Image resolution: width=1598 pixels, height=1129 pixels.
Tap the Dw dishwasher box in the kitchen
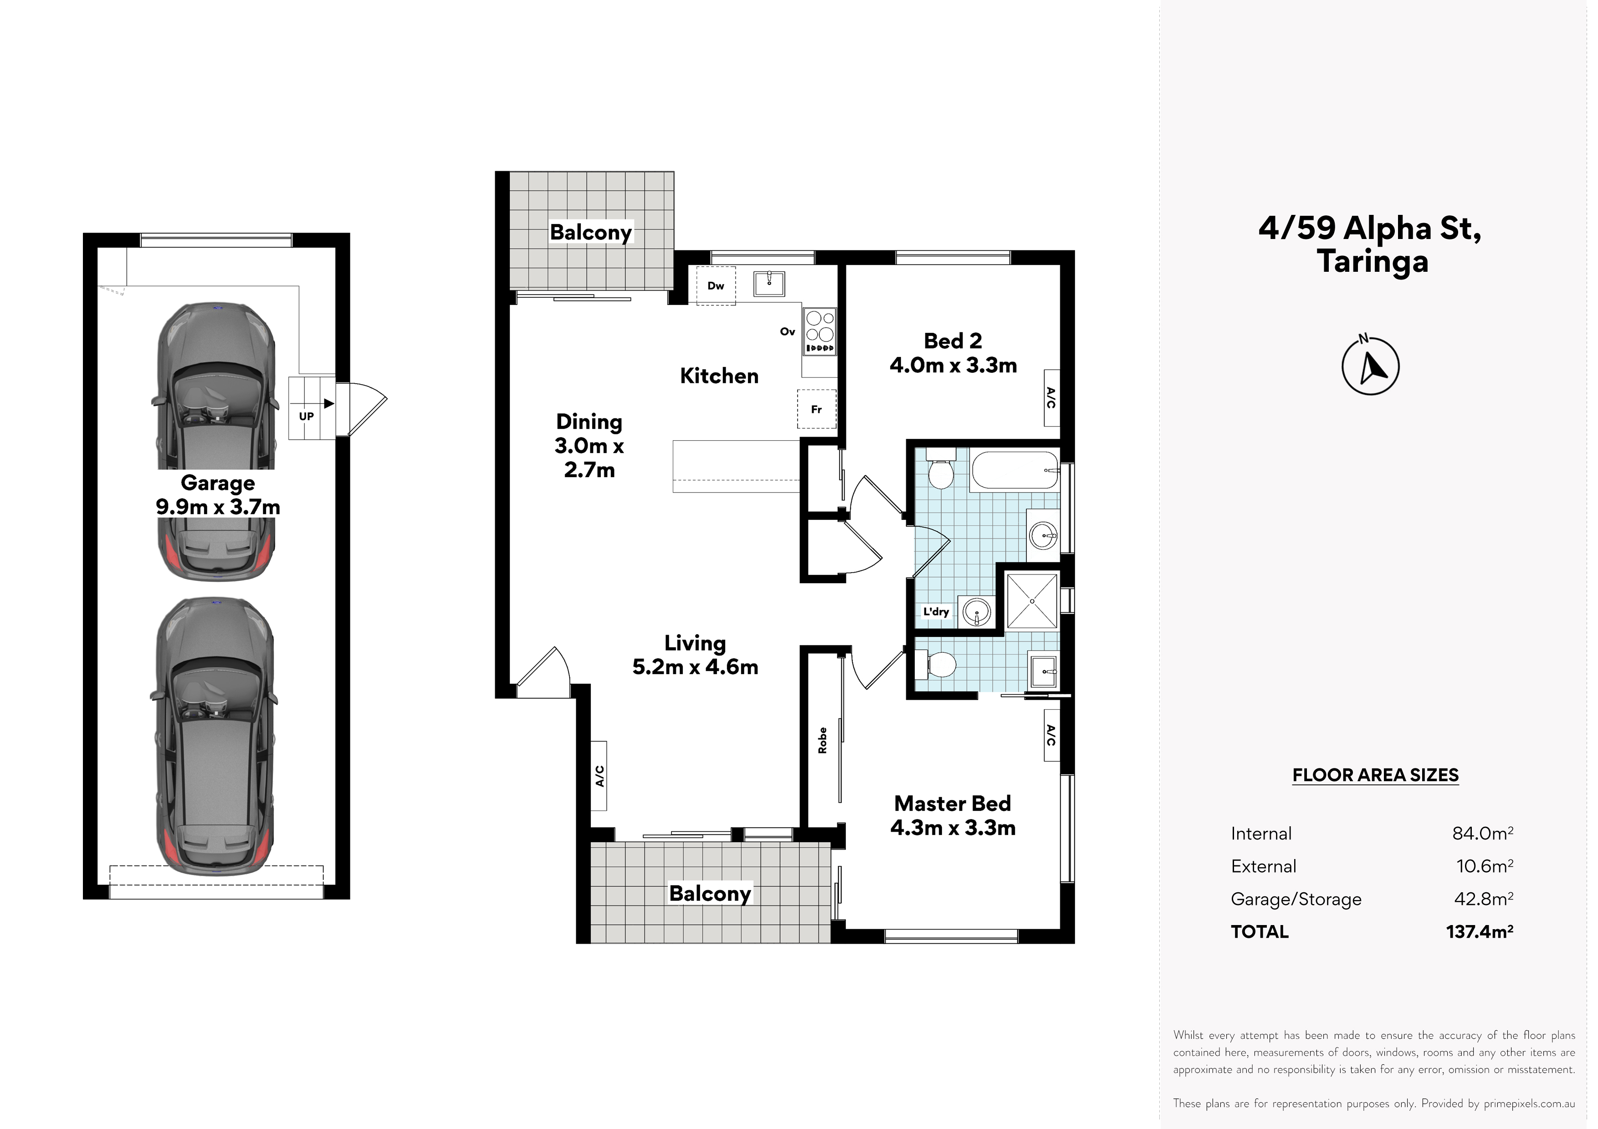pos(716,285)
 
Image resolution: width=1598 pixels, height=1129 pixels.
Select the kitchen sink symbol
pos(769,284)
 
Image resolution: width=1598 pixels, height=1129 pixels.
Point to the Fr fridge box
pos(816,409)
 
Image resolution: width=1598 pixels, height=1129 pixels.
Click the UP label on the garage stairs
pos(306,416)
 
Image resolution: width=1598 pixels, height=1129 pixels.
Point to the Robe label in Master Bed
pos(823,740)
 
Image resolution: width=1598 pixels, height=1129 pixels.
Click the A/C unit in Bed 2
pos(1052,398)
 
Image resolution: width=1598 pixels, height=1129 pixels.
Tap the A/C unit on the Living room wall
pos(599,776)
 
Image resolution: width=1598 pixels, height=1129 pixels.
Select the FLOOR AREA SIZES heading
pos(1375,775)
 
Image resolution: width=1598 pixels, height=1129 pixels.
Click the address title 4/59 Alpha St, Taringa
pos(1370,245)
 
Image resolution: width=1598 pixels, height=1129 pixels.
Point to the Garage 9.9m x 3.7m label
pos(218,494)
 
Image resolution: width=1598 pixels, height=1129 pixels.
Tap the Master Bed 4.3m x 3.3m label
pos(953,815)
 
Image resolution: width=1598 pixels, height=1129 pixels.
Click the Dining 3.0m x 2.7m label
pos(589,445)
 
